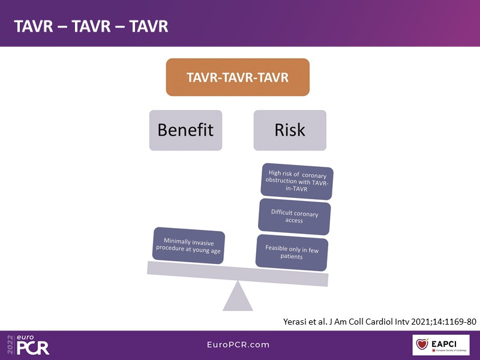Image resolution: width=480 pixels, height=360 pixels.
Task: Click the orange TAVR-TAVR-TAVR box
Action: point(238,77)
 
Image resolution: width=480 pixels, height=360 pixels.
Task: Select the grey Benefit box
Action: point(185,130)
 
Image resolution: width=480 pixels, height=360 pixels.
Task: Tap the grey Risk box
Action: point(290,130)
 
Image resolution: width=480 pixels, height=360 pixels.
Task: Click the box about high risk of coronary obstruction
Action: point(294,179)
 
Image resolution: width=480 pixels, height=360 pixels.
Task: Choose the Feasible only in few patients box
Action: point(292,252)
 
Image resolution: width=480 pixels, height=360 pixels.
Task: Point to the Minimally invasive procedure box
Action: point(188,245)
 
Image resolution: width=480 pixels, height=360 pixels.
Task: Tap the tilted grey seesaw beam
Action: point(238,274)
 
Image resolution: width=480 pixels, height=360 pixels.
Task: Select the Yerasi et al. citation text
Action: point(379,321)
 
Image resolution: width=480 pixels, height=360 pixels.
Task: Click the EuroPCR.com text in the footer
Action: point(238,345)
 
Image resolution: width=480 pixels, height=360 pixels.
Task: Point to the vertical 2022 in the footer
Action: point(9,346)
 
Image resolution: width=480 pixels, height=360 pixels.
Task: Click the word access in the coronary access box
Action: point(294,220)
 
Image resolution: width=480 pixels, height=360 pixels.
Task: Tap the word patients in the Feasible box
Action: point(292,257)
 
